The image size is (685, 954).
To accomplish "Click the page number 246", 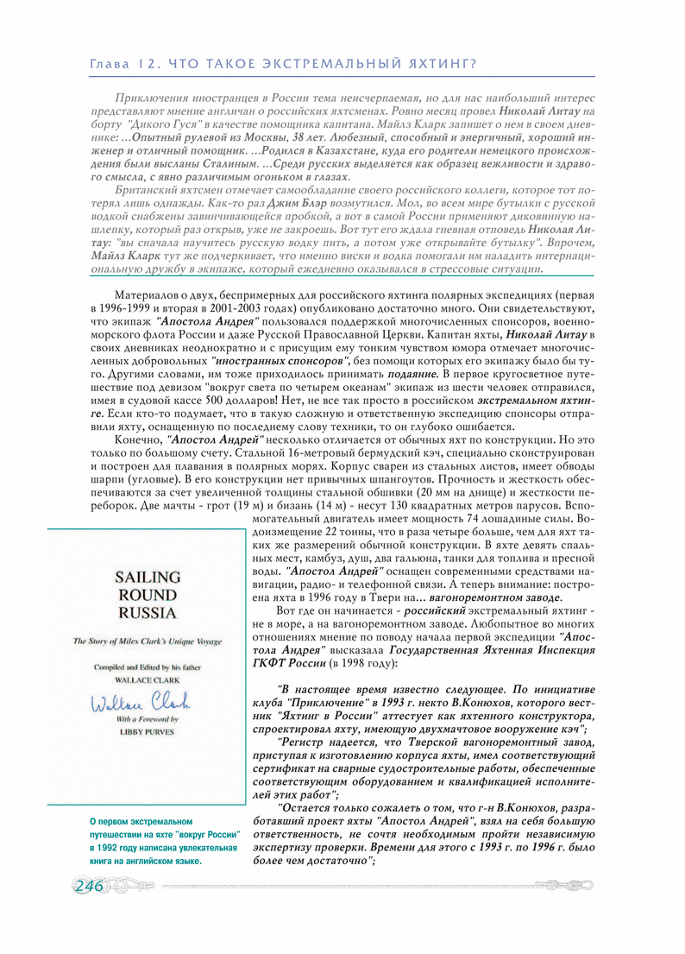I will pos(90,887).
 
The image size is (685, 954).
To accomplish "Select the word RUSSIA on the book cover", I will pos(148,613).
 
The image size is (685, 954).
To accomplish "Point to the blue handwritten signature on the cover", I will pos(142,703).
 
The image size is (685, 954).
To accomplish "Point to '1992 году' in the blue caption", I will pos(115,847).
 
